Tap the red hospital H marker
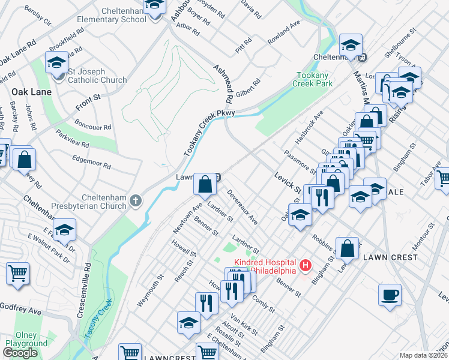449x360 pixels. point(306,265)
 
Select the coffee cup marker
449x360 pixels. point(390,295)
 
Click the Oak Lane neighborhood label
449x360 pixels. point(30,92)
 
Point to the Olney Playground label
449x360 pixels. point(26,340)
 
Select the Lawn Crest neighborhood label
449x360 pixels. point(390,257)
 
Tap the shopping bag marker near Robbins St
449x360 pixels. point(347,248)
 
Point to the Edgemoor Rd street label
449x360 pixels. point(92,161)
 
